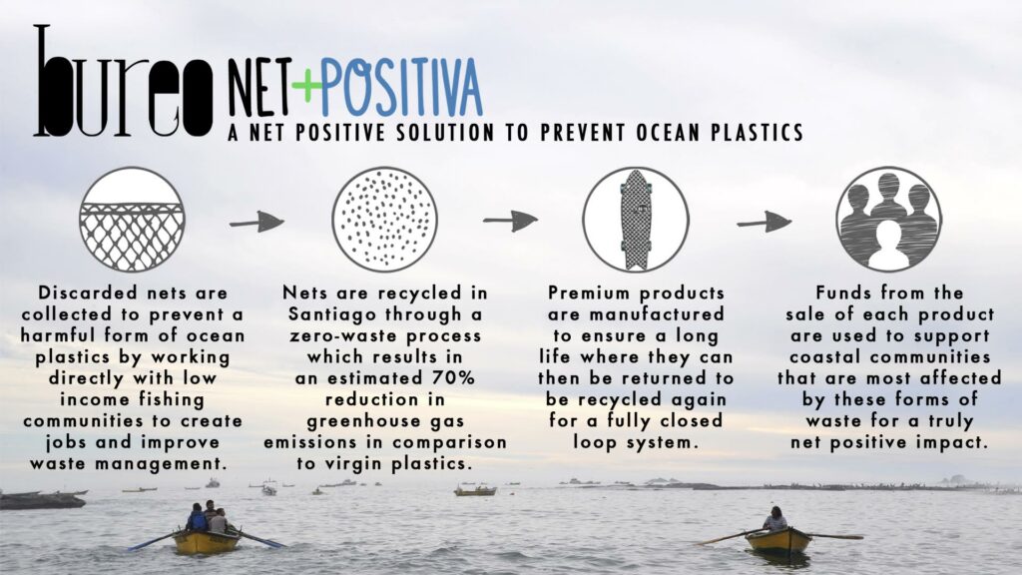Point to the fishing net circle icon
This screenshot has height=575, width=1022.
pos(133,219)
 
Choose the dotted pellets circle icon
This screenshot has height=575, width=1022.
pos(384,219)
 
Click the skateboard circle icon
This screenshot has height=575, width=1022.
pos(636,219)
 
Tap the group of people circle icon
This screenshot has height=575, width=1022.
pos(888,219)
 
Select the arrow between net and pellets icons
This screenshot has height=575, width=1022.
pos(256,222)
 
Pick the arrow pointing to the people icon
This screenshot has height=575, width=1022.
pos(765,222)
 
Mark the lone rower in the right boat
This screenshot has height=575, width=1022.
pos(775,519)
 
